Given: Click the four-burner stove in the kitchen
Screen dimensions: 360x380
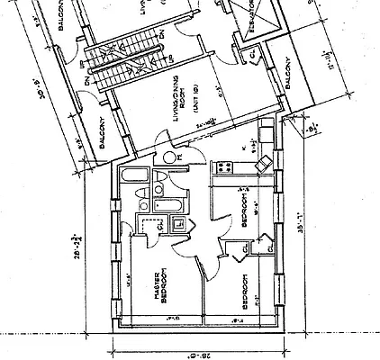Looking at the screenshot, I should click(222, 166).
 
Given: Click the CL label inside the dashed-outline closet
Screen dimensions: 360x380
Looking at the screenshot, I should click(158, 225).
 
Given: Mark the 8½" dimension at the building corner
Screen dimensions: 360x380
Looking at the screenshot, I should click(312, 129).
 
